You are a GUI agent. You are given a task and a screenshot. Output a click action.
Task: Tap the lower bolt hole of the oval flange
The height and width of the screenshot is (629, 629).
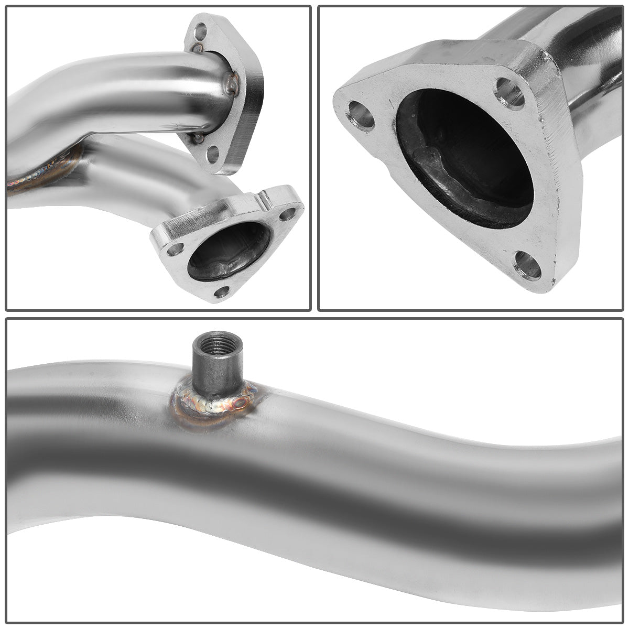213,154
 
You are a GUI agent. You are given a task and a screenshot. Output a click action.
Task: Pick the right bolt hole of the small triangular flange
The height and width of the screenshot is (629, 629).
287,214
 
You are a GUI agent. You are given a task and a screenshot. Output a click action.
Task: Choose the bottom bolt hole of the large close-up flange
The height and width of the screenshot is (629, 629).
527,265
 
